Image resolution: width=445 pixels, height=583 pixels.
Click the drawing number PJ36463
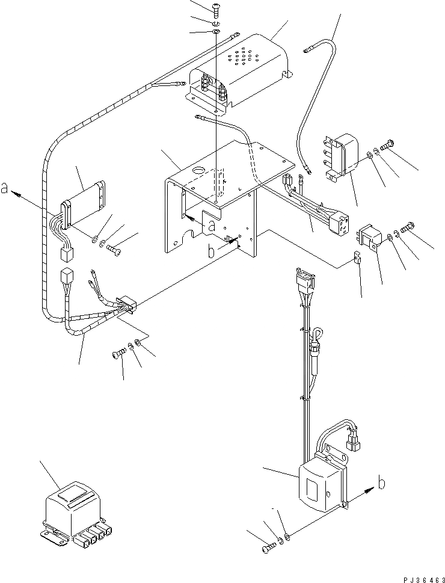[x=423, y=579]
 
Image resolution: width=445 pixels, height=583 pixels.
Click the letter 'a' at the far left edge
[x=4, y=188]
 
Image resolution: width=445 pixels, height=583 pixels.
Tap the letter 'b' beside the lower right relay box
[x=381, y=483]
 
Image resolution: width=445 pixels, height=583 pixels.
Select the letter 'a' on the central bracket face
[x=211, y=226]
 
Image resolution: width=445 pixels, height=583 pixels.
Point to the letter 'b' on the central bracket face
[x=211, y=251]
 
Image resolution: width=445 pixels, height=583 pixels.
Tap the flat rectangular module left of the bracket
[x=83, y=205]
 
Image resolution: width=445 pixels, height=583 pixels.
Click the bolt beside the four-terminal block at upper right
[x=387, y=144]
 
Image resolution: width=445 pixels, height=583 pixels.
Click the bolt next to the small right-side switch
[x=408, y=226]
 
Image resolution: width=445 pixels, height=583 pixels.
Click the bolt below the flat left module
[x=114, y=248]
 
